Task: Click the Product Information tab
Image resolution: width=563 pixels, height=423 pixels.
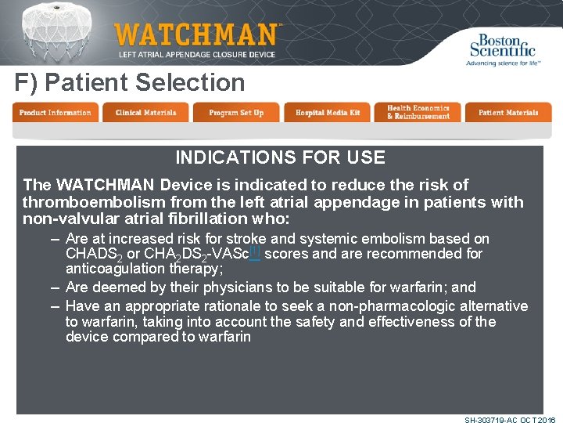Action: coord(55,113)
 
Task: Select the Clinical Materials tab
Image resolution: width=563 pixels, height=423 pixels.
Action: coord(145,113)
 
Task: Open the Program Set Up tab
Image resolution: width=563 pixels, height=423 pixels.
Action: coord(236,113)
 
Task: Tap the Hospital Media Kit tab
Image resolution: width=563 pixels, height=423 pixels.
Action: coord(327,113)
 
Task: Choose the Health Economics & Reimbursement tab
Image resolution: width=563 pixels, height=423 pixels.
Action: coord(418,113)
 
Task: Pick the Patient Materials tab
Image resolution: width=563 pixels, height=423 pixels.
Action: coord(508,113)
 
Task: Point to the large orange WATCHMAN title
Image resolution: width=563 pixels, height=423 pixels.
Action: coord(195,35)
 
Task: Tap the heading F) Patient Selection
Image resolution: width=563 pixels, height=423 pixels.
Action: coord(130,82)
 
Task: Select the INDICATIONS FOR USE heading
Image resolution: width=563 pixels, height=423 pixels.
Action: coord(280,157)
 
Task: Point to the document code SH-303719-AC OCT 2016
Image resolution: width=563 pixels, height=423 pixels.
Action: coord(509,420)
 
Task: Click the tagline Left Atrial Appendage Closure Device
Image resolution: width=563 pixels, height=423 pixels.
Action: coord(196,55)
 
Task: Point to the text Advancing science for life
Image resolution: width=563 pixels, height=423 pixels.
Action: coord(503,63)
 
